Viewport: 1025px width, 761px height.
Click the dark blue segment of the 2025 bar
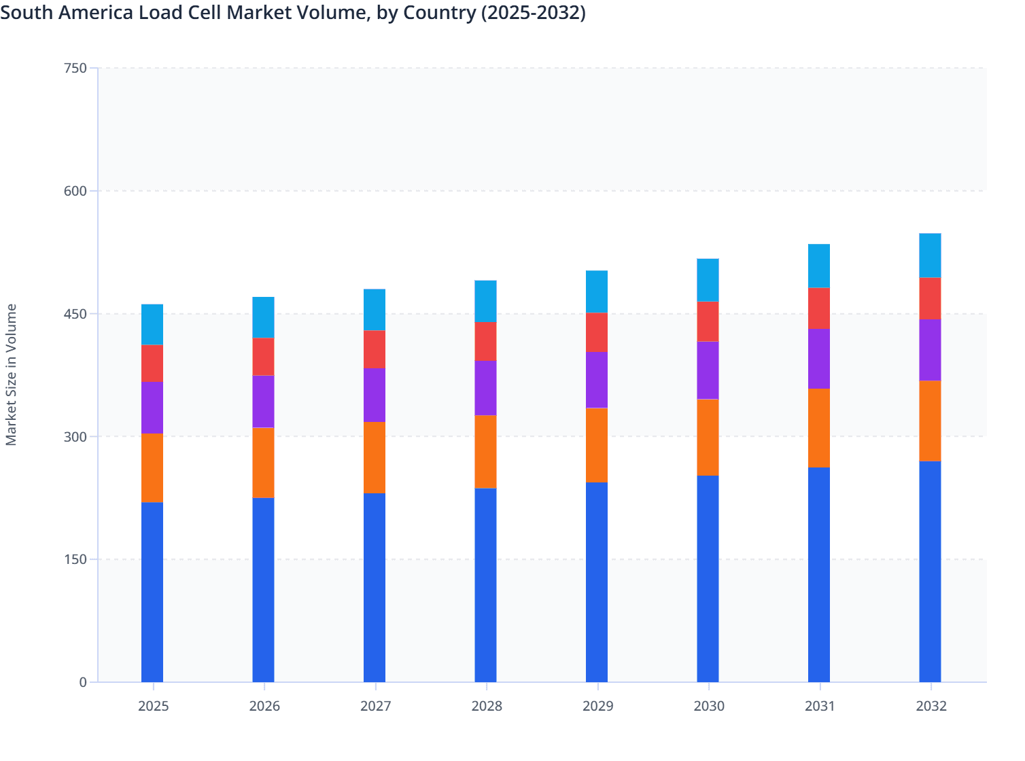[152, 592]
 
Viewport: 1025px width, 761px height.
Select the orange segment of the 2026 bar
[263, 463]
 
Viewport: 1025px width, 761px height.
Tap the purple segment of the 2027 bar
[375, 395]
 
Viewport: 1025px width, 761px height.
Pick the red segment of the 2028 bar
[485, 341]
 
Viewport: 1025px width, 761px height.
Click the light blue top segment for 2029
[597, 291]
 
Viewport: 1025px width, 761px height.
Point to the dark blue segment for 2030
[708, 578]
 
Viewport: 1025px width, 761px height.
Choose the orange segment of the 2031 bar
[819, 428]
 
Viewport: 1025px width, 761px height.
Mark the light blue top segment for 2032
[930, 255]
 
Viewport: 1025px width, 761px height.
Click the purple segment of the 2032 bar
[930, 350]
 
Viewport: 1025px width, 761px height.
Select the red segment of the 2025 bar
[152, 364]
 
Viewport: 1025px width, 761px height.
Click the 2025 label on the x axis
[153, 706]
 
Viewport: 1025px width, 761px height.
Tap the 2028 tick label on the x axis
[487, 706]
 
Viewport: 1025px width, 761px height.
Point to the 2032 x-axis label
[931, 706]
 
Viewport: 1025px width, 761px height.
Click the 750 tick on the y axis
[75, 68]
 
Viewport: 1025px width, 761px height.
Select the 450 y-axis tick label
[75, 314]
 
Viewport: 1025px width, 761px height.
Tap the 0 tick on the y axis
[83, 682]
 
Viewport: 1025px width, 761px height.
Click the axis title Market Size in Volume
[12, 374]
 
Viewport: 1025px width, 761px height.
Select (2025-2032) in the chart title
[533, 12]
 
